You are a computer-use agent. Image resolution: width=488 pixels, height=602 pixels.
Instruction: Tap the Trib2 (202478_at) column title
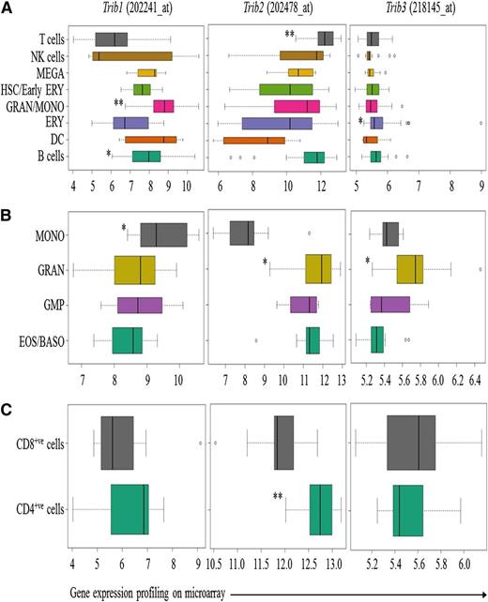[x=276, y=10]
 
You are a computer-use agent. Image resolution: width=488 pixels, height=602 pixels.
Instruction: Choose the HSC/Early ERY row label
[x=34, y=89]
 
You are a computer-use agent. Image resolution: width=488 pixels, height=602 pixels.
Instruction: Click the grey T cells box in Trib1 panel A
[x=114, y=38]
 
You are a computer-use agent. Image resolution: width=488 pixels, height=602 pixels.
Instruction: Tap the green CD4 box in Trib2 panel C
[x=321, y=510]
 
